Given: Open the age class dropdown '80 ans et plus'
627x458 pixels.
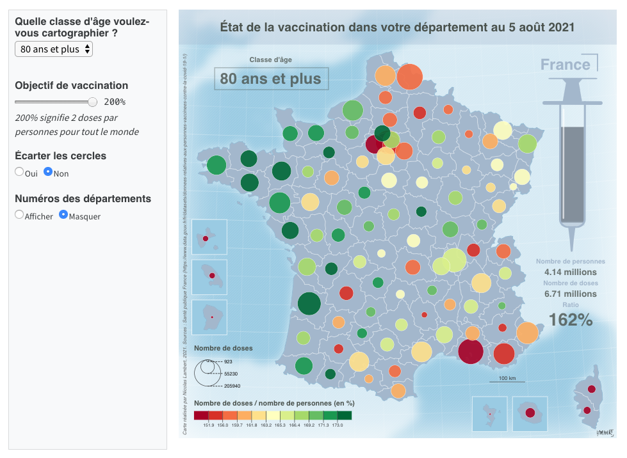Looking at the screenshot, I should point(54,49).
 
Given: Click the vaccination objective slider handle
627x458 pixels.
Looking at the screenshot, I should point(93,102).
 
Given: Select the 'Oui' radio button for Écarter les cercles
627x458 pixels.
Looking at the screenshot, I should point(19,172).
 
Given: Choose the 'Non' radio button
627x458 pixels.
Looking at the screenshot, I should point(48,172).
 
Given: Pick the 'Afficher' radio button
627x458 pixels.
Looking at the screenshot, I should point(19,215).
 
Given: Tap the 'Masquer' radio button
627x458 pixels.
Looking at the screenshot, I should point(63,215).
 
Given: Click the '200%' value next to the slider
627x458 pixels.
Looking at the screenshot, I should point(115,102).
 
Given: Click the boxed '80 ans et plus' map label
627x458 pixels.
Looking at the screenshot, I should point(271,79).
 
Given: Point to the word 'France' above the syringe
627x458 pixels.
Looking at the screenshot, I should point(565,65).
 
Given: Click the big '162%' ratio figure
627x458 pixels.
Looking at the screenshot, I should point(571,320).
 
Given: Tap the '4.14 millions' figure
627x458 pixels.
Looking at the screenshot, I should point(571,272).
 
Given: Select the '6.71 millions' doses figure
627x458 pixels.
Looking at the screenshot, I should point(571,294).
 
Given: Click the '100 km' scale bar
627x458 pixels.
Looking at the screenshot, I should point(507,379).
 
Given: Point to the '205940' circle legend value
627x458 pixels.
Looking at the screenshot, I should point(232,386).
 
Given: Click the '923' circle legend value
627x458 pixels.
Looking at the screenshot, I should point(228,362).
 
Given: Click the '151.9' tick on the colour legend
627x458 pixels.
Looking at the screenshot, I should point(208,425).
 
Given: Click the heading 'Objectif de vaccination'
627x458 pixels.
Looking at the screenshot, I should point(71,85).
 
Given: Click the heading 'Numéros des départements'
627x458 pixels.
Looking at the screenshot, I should point(83,198).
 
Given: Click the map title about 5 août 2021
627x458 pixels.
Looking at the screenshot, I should point(397,28).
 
